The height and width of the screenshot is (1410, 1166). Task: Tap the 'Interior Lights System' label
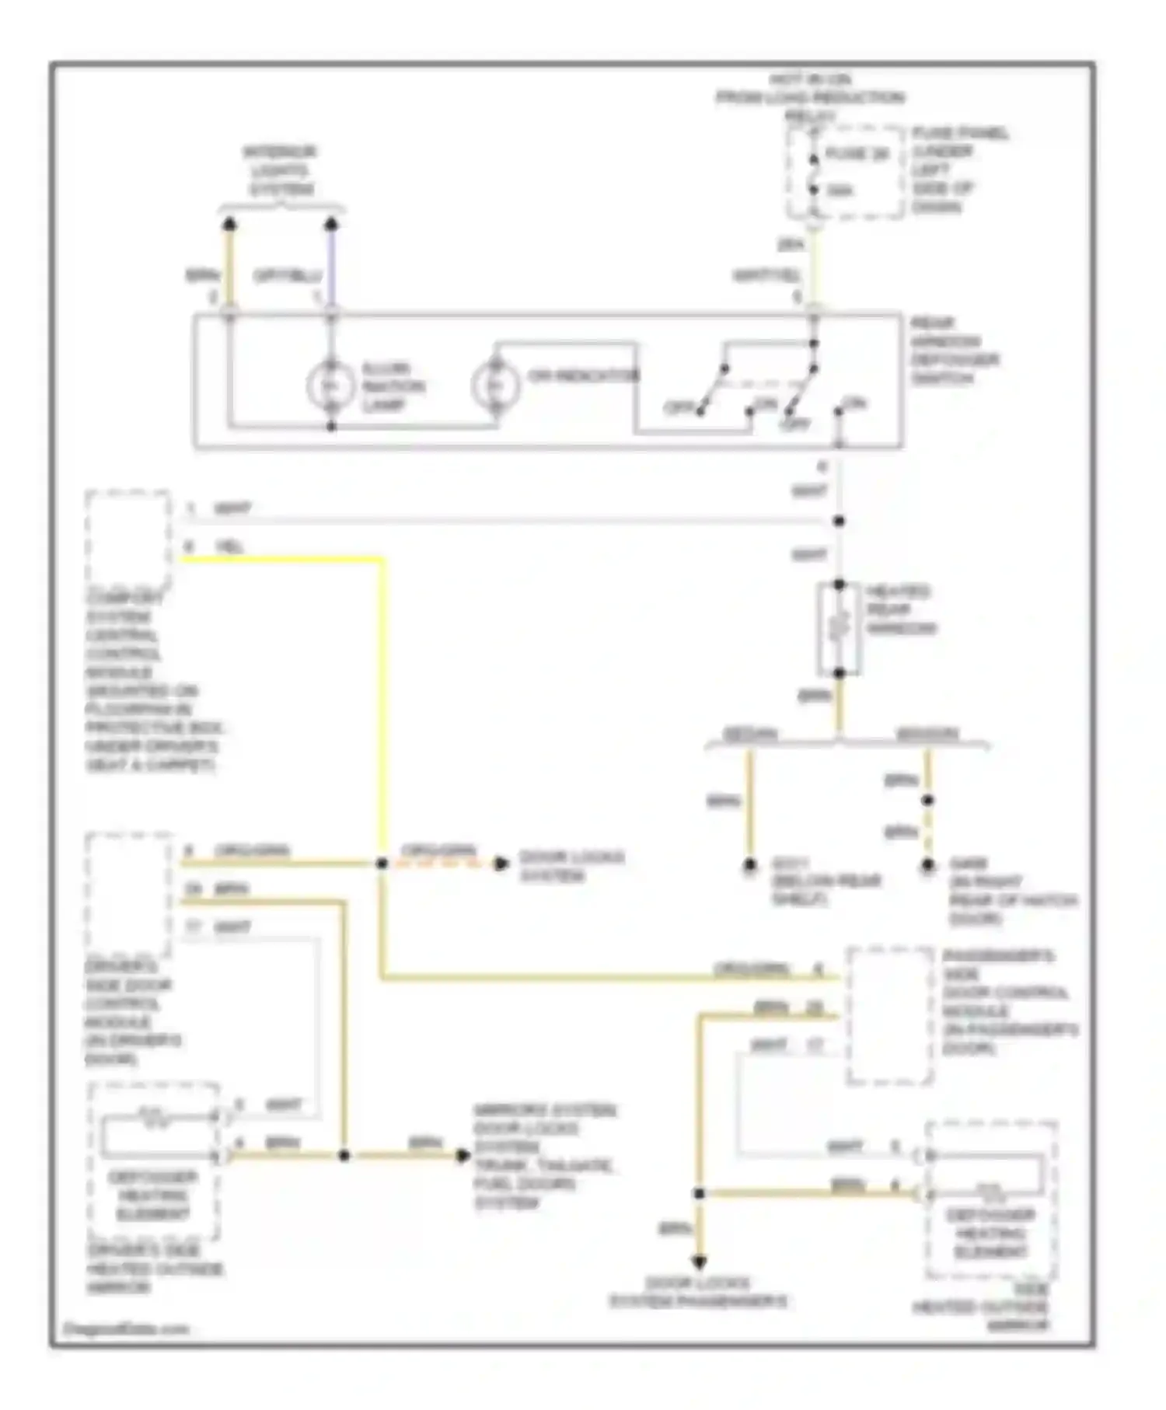tap(281, 170)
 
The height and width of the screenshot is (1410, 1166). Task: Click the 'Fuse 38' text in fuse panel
tap(857, 154)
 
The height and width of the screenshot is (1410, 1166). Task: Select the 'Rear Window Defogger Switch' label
tap(955, 351)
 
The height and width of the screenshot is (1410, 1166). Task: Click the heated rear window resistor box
tap(839, 629)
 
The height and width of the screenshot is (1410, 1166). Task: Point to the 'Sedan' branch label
tap(750, 734)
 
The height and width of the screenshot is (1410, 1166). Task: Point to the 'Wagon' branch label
tap(927, 734)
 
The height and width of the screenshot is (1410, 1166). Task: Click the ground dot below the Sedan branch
tap(750, 864)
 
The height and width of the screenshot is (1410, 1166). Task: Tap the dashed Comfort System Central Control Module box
tap(128, 539)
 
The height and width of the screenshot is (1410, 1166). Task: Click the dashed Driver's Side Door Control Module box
tap(128, 894)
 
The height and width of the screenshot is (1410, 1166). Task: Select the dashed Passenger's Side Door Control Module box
tap(890, 1014)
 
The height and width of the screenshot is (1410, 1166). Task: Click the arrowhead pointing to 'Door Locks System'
tap(502, 863)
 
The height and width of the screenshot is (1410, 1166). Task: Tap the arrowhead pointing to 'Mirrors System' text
tap(463, 1155)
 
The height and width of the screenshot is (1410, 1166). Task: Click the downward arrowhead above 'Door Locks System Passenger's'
tap(699, 1262)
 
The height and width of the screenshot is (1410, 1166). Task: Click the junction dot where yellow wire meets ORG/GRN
tap(382, 864)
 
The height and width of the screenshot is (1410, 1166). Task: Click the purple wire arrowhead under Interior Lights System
tap(331, 225)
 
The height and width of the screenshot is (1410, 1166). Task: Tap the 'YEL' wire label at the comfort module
tap(230, 547)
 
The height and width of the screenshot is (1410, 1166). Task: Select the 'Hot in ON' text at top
tap(811, 79)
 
